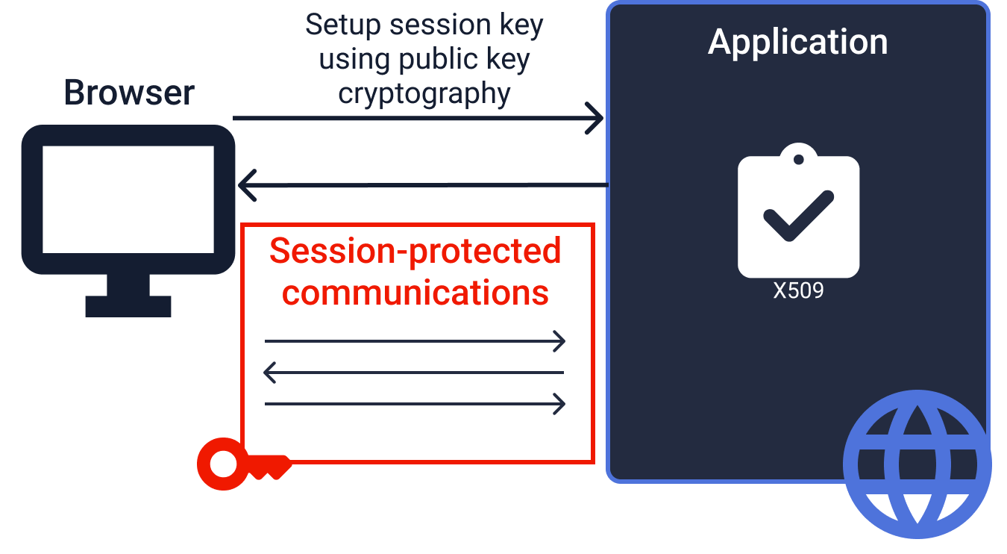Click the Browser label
pos(129,93)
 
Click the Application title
pos(797,42)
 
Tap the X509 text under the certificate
pos(798,290)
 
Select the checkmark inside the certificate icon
pos(798,216)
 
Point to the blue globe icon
pos(917,464)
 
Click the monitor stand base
pos(128,306)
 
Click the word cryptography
pos(424,95)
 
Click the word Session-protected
pos(415,251)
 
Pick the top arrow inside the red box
pos(415,342)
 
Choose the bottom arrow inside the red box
pos(415,404)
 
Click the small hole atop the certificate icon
pos(799,159)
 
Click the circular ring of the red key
pos(222,464)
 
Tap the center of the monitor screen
pos(128,199)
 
